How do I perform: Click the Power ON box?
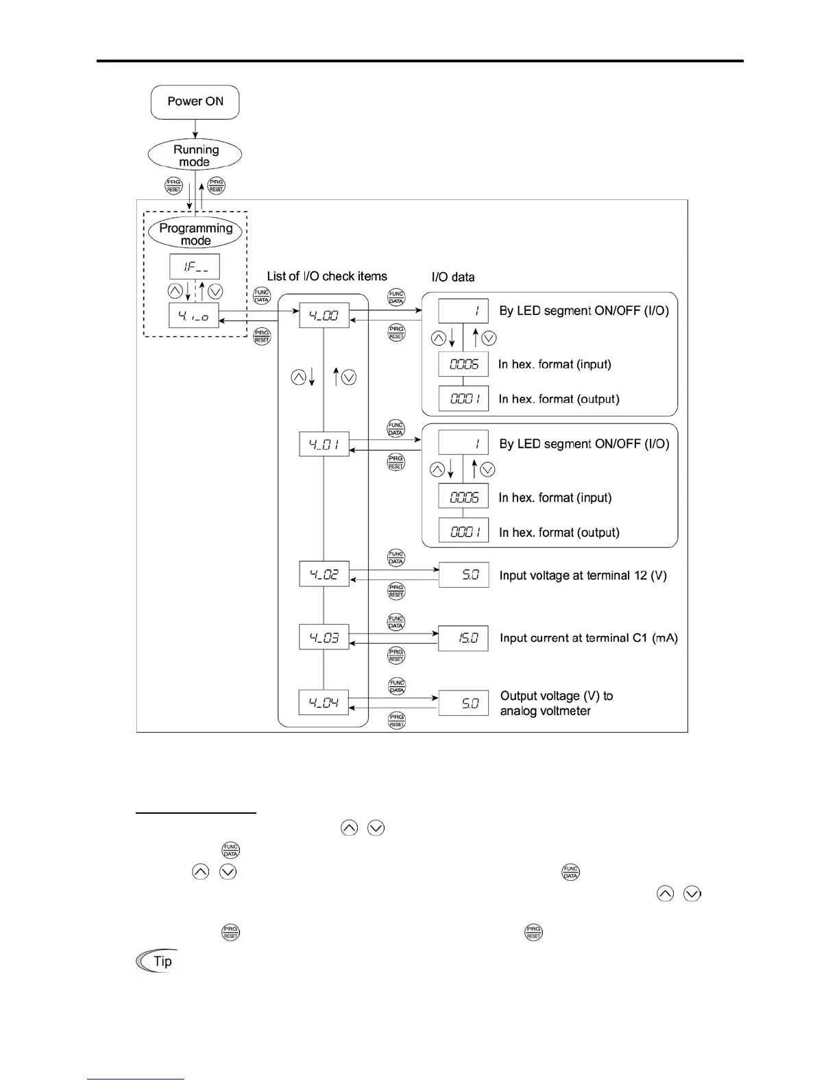click(x=195, y=102)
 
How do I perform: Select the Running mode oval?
click(x=195, y=155)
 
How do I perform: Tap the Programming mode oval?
click(x=195, y=234)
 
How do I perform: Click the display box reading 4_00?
click(x=324, y=316)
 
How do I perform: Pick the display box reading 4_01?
click(x=324, y=444)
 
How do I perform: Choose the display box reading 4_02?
click(x=324, y=574)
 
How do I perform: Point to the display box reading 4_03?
click(x=324, y=637)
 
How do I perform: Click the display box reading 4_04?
click(x=324, y=702)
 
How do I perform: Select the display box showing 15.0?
click(x=463, y=638)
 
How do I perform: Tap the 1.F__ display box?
click(x=195, y=266)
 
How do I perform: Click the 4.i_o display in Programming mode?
click(x=194, y=316)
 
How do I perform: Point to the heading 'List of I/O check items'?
click(x=327, y=276)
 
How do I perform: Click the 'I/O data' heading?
click(x=453, y=277)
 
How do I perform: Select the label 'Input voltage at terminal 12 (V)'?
click(x=583, y=575)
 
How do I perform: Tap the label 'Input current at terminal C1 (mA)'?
click(x=589, y=638)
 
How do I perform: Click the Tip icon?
click(x=157, y=961)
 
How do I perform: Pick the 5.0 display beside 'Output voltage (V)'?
click(x=463, y=703)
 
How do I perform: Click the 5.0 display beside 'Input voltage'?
click(x=463, y=575)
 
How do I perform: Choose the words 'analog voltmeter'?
click(x=546, y=711)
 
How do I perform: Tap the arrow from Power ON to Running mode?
click(x=195, y=129)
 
